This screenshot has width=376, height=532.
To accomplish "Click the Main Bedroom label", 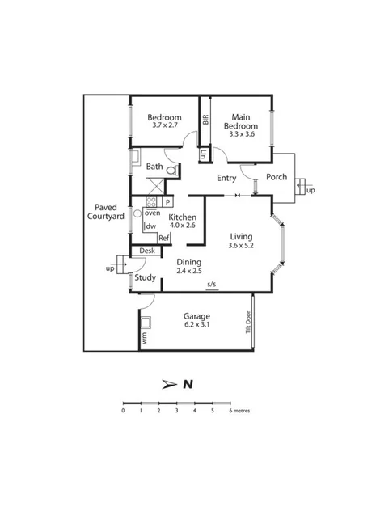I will pos(240,121).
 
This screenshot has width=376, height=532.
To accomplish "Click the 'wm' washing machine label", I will pos(145,340).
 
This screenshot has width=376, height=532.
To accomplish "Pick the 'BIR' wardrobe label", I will pos(205,120).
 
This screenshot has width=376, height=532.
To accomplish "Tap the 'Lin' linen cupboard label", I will pos(204,154).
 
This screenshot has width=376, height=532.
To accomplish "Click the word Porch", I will pos(277,178).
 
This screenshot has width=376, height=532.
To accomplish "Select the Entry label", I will pos(226,178).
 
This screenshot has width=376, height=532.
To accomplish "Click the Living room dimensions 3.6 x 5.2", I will pos(240,245).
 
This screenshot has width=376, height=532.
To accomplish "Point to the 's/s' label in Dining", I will pos(212,284).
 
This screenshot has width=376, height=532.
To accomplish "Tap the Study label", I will pos(146,278).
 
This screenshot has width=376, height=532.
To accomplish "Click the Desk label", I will pos(146,251).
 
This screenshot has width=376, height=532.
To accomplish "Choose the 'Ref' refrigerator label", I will pos(163,238).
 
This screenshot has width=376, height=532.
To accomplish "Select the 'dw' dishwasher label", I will pos(150,226).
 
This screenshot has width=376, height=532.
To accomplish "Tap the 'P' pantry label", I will pos(167,202).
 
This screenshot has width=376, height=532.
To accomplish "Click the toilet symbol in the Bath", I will pos(171,171).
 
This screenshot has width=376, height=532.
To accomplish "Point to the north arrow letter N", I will pos(187,384).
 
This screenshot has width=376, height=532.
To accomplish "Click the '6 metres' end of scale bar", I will pos(239,411).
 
